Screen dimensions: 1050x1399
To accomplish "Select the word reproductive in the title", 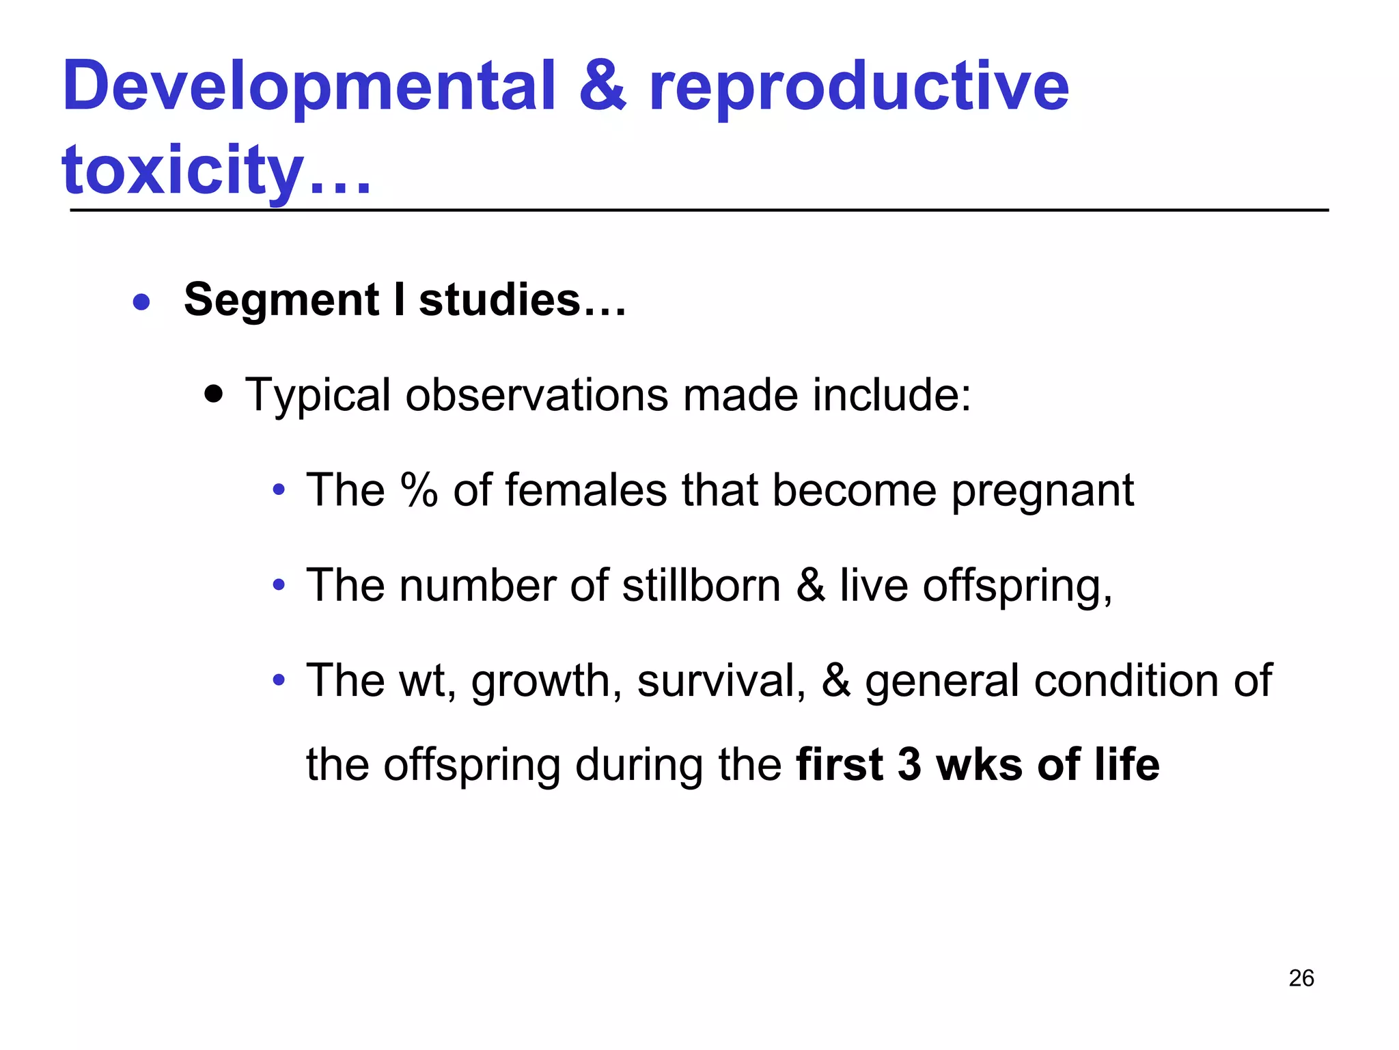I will pyautogui.click(x=858, y=87).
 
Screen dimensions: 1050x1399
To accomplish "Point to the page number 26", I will pyautogui.click(x=1301, y=978).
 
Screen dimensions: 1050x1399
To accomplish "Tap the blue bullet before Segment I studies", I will pyautogui.click(x=141, y=301).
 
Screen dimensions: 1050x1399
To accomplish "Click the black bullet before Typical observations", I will pyautogui.click(x=214, y=394).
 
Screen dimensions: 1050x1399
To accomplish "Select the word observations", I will pyautogui.click(x=536, y=395).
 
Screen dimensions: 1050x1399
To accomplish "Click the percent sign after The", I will pyautogui.click(x=419, y=490).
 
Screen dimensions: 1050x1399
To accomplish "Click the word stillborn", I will pyautogui.click(x=701, y=585).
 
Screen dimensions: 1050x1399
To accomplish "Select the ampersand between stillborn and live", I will pyautogui.click(x=810, y=586).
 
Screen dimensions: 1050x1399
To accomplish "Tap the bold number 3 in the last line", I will pyautogui.click(x=909, y=764).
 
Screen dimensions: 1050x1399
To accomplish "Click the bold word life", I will pyautogui.click(x=1126, y=764).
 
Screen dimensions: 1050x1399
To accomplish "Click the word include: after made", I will pyautogui.click(x=891, y=395).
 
